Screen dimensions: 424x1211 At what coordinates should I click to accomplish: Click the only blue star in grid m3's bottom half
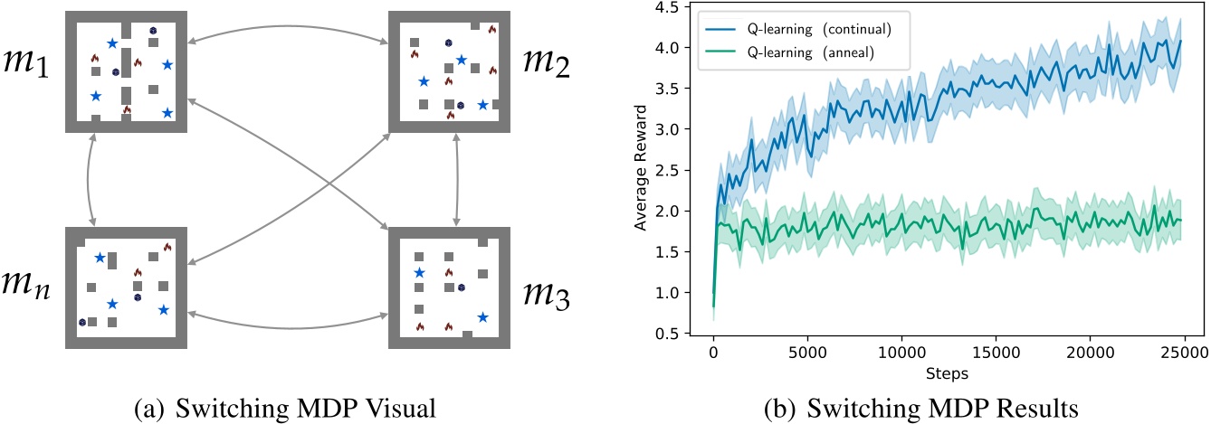tap(482, 316)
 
